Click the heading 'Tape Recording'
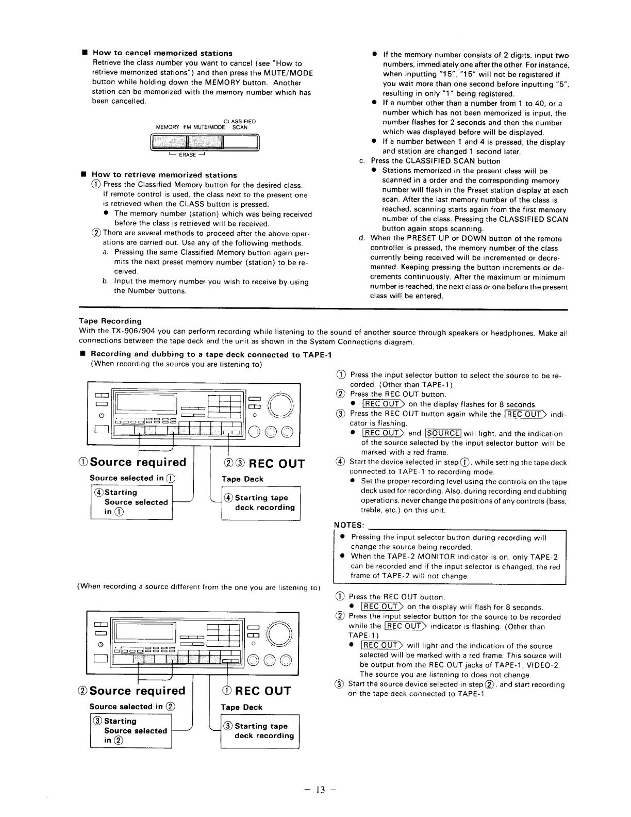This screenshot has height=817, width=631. coord(110,321)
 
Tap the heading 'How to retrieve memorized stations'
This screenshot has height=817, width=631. coord(164,175)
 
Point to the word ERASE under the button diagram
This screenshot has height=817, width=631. coord(187,154)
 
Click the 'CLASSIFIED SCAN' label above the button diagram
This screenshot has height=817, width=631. coord(240,124)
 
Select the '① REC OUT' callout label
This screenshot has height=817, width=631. coord(256,691)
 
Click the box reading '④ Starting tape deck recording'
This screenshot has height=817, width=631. coord(260,502)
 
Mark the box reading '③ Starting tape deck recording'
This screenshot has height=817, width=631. coord(260,731)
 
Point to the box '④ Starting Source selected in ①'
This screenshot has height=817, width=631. coord(131,502)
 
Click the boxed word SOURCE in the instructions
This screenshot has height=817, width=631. coord(443,433)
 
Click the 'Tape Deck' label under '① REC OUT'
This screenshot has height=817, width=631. coord(241,707)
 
